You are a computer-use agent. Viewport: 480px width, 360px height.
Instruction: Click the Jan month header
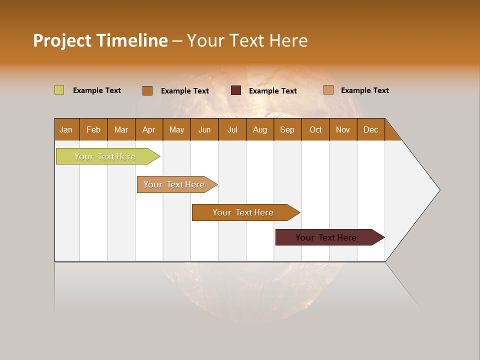[x=66, y=129]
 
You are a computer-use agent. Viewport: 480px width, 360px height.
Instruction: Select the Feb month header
[x=93, y=129]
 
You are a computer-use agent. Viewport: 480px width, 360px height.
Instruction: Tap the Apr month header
[x=148, y=129]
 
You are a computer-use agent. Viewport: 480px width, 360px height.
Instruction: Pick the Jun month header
[x=204, y=129]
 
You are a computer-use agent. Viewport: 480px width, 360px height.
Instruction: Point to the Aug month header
[x=259, y=129]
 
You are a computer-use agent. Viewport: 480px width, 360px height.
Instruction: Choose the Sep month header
[x=287, y=129]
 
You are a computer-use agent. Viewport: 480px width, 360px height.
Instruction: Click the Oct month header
[x=315, y=129]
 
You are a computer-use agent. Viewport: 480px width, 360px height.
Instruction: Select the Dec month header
[x=370, y=129]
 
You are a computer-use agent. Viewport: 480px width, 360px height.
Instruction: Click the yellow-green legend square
[x=59, y=90]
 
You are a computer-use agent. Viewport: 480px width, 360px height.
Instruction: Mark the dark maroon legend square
[x=236, y=90]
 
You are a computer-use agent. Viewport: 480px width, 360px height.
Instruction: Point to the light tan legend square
[x=328, y=90]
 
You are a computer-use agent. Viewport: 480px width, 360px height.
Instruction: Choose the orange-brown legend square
[x=147, y=90]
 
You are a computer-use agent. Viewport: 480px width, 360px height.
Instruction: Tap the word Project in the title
[x=62, y=40]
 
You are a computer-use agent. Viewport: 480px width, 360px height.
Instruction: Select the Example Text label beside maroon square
[x=273, y=91]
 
